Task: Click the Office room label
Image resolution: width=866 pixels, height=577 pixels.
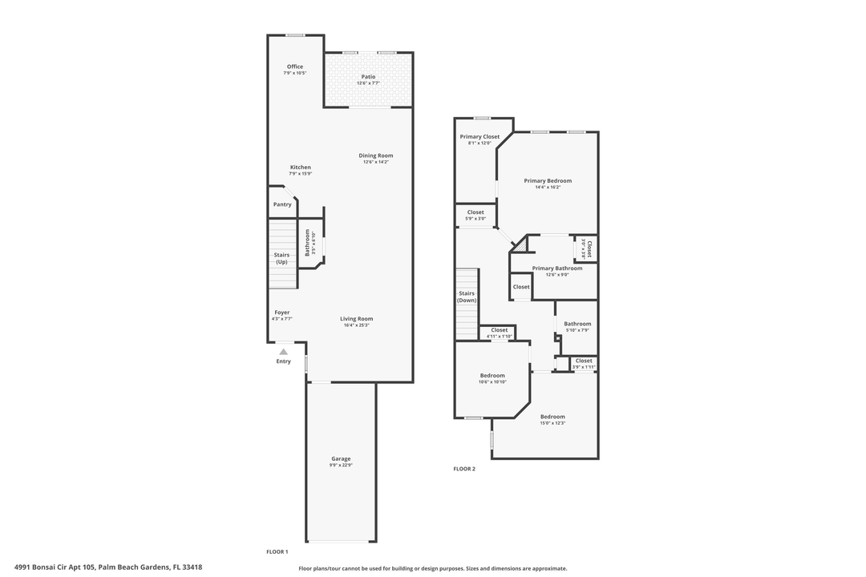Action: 295,67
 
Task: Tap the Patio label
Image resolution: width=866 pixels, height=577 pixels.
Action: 368,77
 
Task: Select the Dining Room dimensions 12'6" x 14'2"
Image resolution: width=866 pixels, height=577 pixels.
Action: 375,162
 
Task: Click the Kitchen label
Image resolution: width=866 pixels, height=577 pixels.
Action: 300,167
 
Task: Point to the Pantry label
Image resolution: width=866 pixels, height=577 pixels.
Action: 282,204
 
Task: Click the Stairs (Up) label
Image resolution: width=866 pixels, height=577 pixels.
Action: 281,258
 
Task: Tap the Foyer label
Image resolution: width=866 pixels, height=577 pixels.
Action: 281,313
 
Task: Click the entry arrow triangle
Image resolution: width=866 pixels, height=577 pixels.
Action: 283,351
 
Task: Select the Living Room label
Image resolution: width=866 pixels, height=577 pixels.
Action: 356,319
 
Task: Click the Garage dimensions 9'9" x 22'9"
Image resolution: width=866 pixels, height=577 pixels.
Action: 341,465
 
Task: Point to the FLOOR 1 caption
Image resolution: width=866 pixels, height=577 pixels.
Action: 277,552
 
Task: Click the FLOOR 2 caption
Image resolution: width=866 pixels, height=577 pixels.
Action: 464,469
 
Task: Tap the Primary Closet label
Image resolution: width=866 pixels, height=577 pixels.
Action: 480,137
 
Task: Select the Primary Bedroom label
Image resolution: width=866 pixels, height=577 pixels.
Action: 548,181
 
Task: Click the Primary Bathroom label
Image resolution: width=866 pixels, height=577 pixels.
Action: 557,268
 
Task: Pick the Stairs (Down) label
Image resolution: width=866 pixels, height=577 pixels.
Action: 467,297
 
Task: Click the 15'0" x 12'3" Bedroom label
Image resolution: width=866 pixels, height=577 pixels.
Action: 552,417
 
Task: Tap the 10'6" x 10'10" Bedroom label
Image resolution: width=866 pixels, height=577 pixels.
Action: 492,376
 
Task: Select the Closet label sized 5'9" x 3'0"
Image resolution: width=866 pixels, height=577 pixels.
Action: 475,212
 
